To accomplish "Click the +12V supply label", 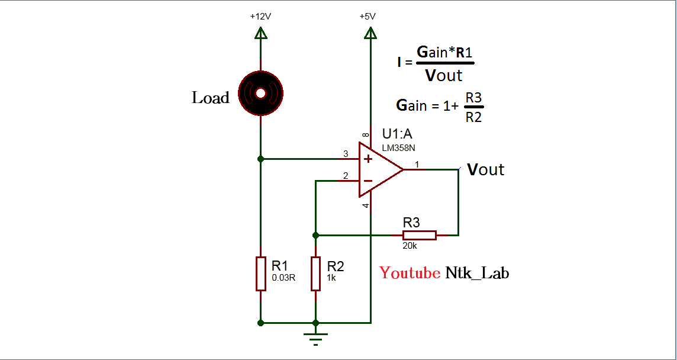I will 260,17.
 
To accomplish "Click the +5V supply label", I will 367,17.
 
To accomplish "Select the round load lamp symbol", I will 260,92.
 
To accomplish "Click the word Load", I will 210,98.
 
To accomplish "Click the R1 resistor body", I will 260,274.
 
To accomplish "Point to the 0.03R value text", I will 283,277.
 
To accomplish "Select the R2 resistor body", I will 315,274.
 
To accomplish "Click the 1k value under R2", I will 331,277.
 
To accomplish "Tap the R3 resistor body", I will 419,235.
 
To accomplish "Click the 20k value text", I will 411,246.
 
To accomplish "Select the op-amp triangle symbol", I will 379,169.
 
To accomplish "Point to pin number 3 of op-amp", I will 346,154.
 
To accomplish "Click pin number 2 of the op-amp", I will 346,176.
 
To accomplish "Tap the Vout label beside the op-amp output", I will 485,170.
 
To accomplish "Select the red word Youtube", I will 410,273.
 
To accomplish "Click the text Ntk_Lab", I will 477,273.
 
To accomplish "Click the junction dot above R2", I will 315,235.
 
